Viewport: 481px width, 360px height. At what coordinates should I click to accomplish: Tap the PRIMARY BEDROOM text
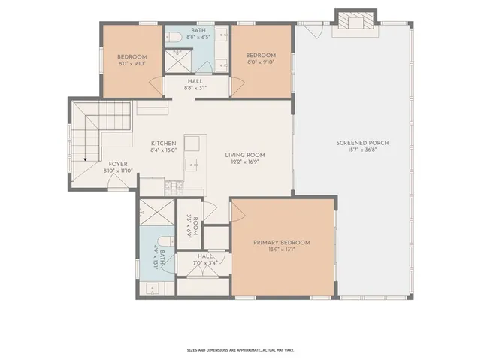(281, 242)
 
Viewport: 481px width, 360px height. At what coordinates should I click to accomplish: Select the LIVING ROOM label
(245, 156)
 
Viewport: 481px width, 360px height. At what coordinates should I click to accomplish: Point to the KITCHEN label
(163, 144)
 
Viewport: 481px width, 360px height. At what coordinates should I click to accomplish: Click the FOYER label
(118, 163)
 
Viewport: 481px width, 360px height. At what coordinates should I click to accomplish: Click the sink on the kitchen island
(192, 163)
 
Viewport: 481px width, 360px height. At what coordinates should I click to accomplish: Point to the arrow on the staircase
(86, 159)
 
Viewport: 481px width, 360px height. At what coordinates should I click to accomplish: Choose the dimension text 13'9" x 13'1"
(281, 250)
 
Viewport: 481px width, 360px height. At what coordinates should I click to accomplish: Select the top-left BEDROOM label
(132, 56)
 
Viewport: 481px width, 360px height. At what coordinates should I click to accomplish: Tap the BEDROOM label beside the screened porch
(261, 56)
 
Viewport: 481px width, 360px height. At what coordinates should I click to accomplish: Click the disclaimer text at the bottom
(240, 350)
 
